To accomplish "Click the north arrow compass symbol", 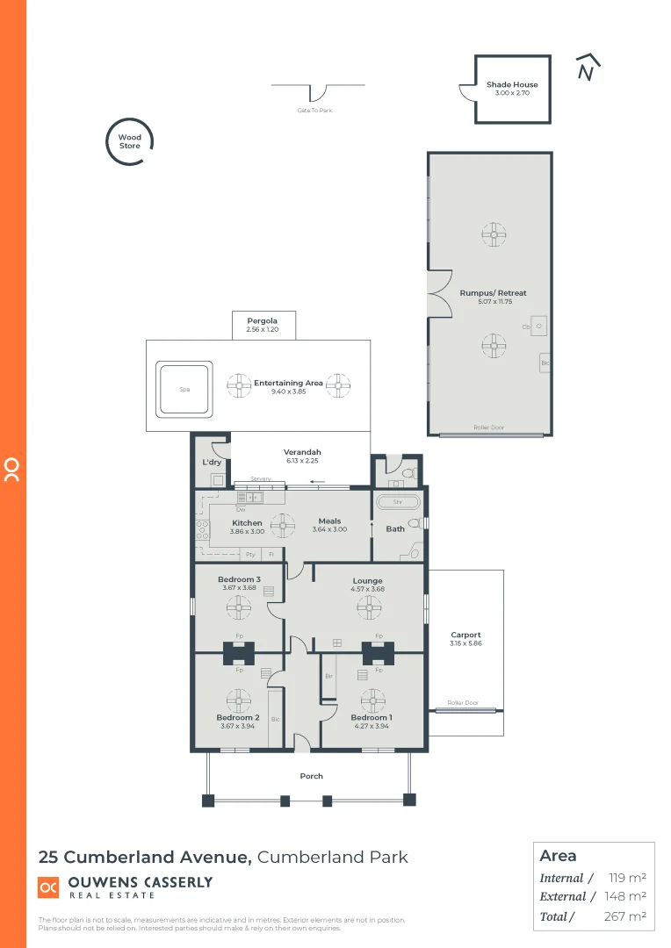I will click(x=588, y=68).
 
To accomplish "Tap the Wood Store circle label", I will click(x=130, y=141).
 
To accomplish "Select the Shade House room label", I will click(x=512, y=85).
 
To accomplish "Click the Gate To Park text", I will click(x=314, y=111).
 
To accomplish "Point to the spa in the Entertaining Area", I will click(x=184, y=390).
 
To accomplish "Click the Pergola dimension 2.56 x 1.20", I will click(x=263, y=329).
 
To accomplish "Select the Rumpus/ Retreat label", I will click(x=493, y=293).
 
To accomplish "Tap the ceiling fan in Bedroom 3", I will click(x=239, y=607).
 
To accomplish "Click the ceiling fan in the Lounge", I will click(x=368, y=607).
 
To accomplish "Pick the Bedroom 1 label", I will click(x=371, y=717).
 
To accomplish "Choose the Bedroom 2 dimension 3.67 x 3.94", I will click(x=238, y=726).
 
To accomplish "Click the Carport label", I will click(x=465, y=635).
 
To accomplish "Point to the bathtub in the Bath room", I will click(x=398, y=502).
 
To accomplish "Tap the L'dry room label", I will click(x=211, y=463).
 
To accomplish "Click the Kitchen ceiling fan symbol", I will click(x=283, y=525).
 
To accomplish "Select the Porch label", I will click(x=311, y=776).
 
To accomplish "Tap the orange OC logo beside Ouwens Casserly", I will click(x=49, y=888).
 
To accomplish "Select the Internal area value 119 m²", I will click(x=627, y=878).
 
